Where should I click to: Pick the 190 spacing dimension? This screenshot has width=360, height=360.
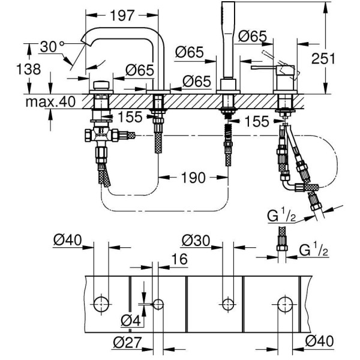point(193,177)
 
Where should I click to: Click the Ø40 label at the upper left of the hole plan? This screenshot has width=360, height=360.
point(67,239)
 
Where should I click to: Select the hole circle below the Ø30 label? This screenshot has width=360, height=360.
point(227,304)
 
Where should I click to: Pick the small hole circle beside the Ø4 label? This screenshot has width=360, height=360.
point(158,304)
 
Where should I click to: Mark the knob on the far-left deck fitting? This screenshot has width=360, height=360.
point(100,83)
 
